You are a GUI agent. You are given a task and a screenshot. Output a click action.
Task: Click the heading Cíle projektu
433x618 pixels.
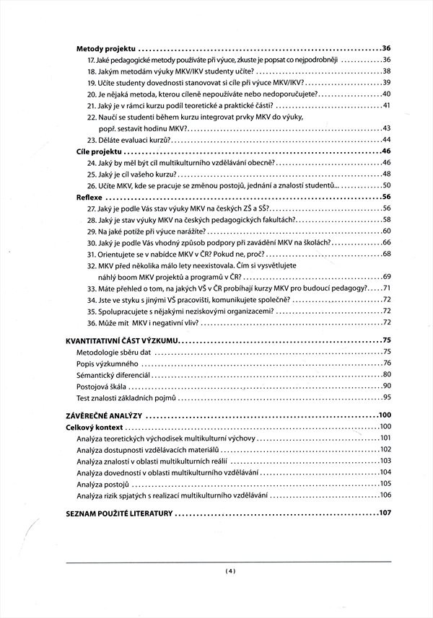99,151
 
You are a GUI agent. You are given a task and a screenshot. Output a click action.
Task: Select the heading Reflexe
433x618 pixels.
90,197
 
